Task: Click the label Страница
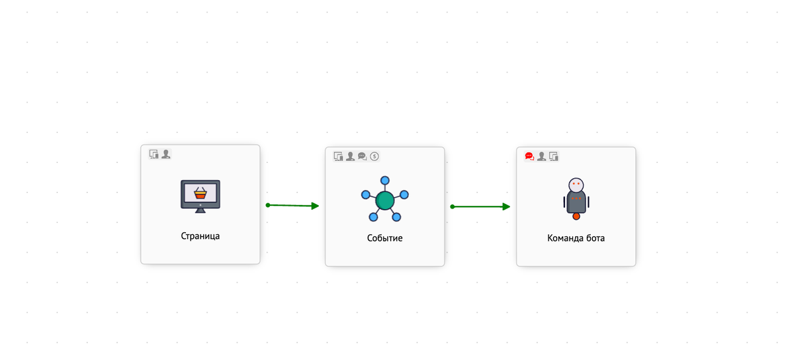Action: coord(200,236)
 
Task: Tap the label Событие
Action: coord(384,238)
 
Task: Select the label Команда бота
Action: coord(576,238)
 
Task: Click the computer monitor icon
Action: coord(200,196)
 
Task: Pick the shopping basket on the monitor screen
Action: coord(200,193)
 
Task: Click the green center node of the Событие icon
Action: coord(384,201)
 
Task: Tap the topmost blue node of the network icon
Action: coord(385,181)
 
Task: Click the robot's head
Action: coord(576,185)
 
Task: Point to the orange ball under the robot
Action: coord(576,216)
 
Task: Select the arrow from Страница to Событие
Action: coord(292,205)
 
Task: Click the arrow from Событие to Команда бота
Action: coord(480,206)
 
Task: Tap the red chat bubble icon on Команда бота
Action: coord(529,156)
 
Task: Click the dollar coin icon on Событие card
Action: coord(375,156)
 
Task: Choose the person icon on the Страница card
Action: coord(166,154)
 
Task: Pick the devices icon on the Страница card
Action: coord(154,154)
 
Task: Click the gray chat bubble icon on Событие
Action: coord(363,156)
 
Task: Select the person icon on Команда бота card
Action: coord(542,156)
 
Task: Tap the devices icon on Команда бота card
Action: coord(554,156)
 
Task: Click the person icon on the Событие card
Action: coord(350,156)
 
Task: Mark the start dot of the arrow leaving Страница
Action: coord(268,205)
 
